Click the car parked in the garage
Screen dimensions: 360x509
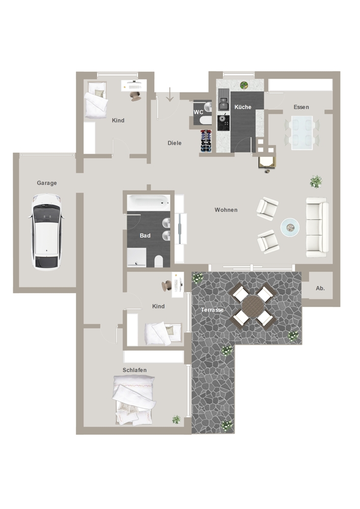(x=46, y=232)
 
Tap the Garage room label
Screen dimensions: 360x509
(x=47, y=183)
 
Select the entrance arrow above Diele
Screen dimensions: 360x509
(x=170, y=95)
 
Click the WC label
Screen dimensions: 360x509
(x=199, y=112)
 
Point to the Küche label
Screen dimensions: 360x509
(x=243, y=107)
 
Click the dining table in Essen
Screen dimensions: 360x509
(x=302, y=132)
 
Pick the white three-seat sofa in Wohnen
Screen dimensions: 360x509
(x=317, y=227)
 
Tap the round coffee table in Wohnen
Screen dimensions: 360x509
(x=290, y=227)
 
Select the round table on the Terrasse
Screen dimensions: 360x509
(x=253, y=305)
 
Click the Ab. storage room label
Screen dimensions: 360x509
(x=320, y=288)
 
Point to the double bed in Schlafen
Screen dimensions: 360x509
(x=133, y=400)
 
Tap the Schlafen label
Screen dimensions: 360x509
(x=134, y=370)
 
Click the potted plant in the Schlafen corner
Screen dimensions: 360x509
(x=176, y=419)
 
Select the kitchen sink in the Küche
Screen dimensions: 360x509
(x=223, y=102)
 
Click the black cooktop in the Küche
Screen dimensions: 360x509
(x=224, y=123)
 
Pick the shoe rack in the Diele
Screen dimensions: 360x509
(x=206, y=140)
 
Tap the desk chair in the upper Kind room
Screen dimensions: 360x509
(x=136, y=96)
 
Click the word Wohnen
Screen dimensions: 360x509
(x=226, y=210)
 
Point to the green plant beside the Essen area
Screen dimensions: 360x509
(x=316, y=182)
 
